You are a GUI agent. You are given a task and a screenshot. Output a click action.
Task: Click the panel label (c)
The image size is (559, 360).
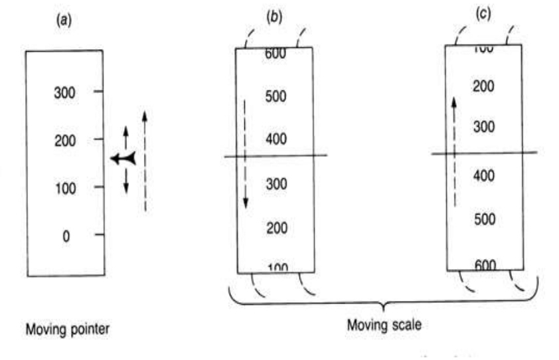tap(484, 14)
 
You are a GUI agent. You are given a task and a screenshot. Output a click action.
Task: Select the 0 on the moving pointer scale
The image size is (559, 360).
tap(66, 235)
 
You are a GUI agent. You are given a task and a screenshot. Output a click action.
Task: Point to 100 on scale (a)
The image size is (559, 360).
tap(64, 188)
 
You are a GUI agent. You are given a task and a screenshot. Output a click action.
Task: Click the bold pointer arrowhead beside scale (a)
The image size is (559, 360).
tap(123, 158)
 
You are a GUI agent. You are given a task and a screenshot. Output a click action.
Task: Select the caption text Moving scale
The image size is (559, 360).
tap(384, 327)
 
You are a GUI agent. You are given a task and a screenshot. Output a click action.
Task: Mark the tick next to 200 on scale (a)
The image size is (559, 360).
tap(98, 139)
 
